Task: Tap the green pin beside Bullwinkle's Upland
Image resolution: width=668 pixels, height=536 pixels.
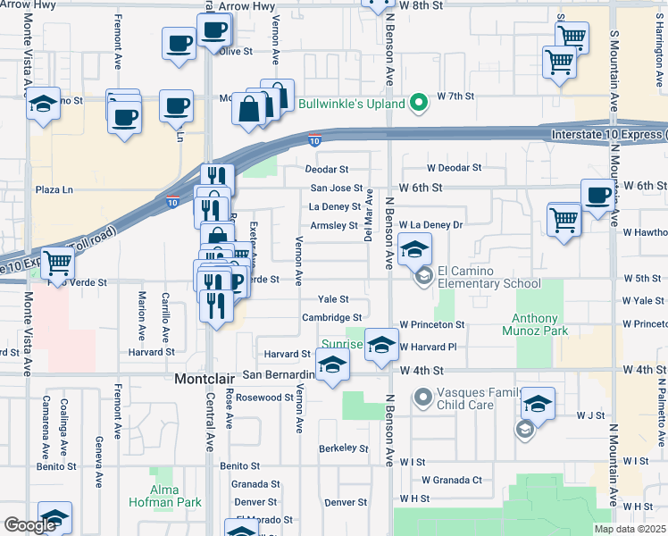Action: coord(417,104)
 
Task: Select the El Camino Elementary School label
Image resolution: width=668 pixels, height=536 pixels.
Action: coord(489,278)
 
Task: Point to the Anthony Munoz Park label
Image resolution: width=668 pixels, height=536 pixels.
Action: coord(547,324)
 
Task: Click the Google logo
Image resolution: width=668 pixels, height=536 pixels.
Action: coord(30,525)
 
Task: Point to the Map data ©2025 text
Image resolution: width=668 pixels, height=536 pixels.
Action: coord(629,529)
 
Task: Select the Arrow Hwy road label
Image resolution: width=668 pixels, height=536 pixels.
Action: coord(243,6)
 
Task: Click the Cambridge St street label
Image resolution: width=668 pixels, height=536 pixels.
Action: coord(331,317)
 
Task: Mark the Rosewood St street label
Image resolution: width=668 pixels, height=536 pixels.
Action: coord(264,398)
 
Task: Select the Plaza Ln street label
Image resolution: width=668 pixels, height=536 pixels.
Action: coord(54,189)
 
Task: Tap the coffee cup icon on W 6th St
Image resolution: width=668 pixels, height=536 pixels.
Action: coord(597,195)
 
